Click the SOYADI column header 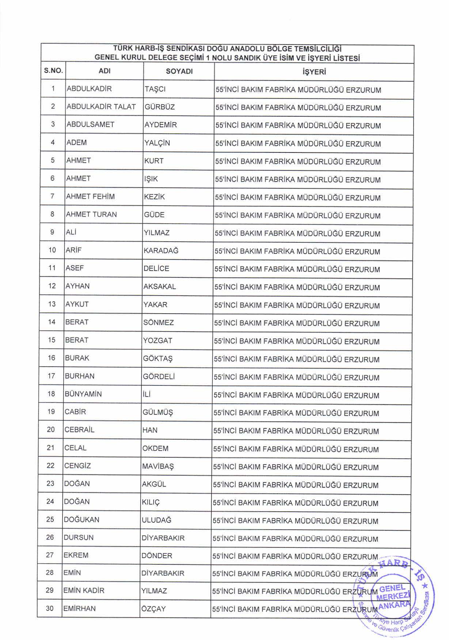(x=179, y=72)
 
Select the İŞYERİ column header (x=314, y=72)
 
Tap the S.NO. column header (x=53, y=71)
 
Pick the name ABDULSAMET (x=90, y=125)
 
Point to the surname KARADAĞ (x=161, y=251)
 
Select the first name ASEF (x=75, y=268)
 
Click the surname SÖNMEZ (x=158, y=323)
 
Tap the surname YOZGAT (x=157, y=341)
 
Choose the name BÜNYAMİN (x=83, y=394)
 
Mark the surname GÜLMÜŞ (x=157, y=413)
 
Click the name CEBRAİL (x=79, y=430)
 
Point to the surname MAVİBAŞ (x=158, y=467)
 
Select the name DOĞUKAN (x=81, y=520)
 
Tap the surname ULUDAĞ (x=156, y=520)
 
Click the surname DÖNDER (x=157, y=556)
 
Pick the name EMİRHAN (x=79, y=609)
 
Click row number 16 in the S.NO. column (x=52, y=358)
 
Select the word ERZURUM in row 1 (x=363, y=90)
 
